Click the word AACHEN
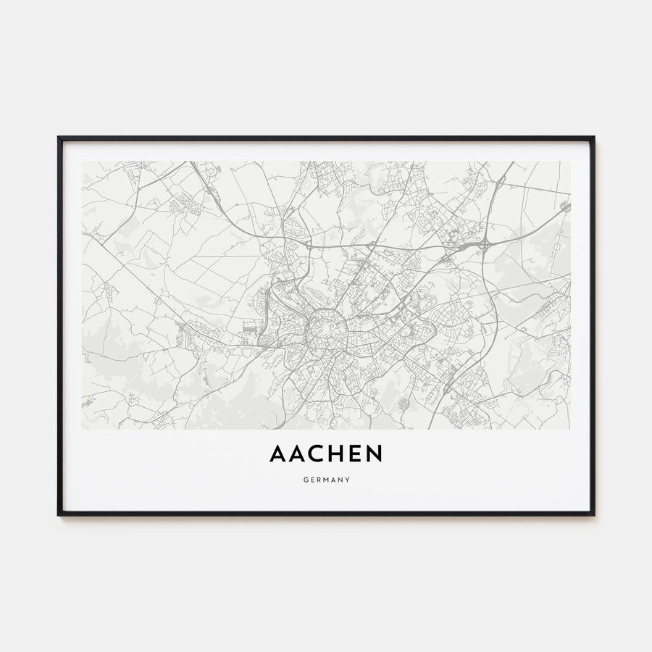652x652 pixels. (x=326, y=454)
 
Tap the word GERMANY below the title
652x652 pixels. (x=326, y=480)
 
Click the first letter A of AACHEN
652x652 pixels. (x=278, y=454)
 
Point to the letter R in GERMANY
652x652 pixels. (x=318, y=480)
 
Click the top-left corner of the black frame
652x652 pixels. (x=59, y=138)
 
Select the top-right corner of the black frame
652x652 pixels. (x=593, y=138)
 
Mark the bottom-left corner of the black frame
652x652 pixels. (x=59, y=514)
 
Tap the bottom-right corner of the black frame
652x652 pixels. (x=593, y=514)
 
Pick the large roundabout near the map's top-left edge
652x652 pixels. (x=212, y=172)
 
